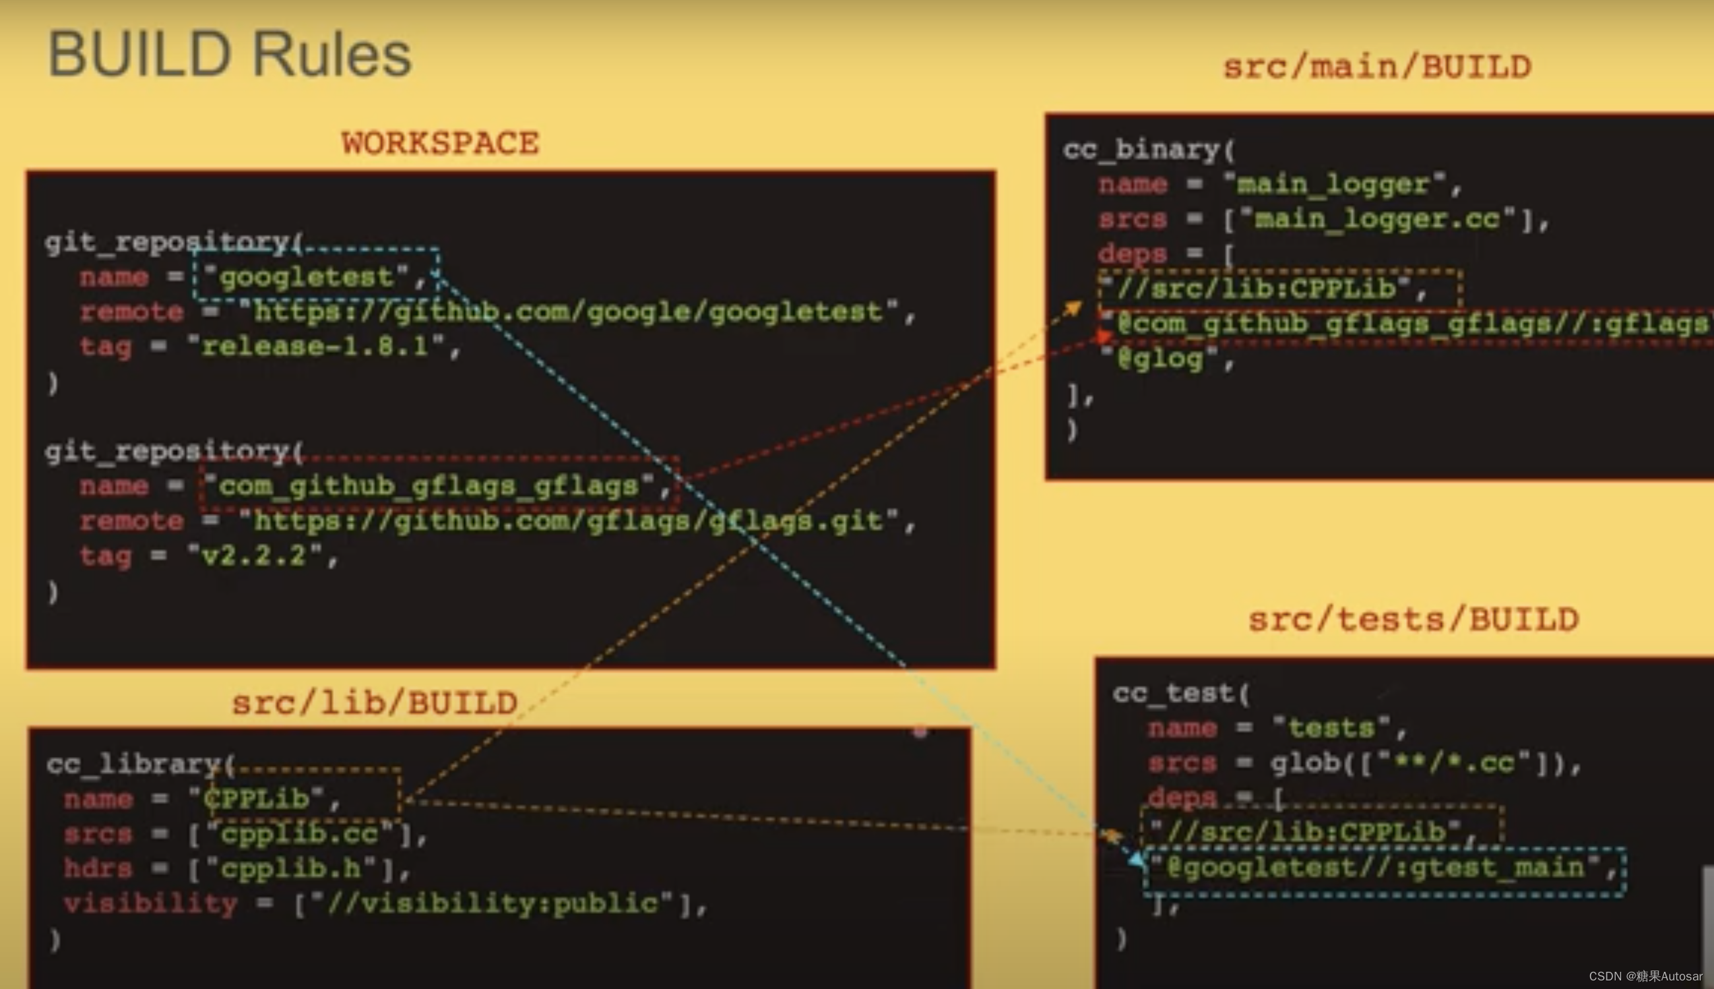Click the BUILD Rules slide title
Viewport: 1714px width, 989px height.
(x=229, y=55)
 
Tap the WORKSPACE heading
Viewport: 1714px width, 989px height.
(x=441, y=143)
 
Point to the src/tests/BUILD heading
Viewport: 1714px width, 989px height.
(x=1414, y=620)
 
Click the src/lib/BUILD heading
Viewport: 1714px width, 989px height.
(x=375, y=703)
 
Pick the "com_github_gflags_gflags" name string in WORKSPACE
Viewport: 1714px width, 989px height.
(x=428, y=487)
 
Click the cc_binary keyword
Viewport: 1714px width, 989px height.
(x=1141, y=150)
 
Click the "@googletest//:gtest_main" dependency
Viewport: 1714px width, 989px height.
(x=1383, y=868)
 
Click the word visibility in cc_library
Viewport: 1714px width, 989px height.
(x=150, y=904)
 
